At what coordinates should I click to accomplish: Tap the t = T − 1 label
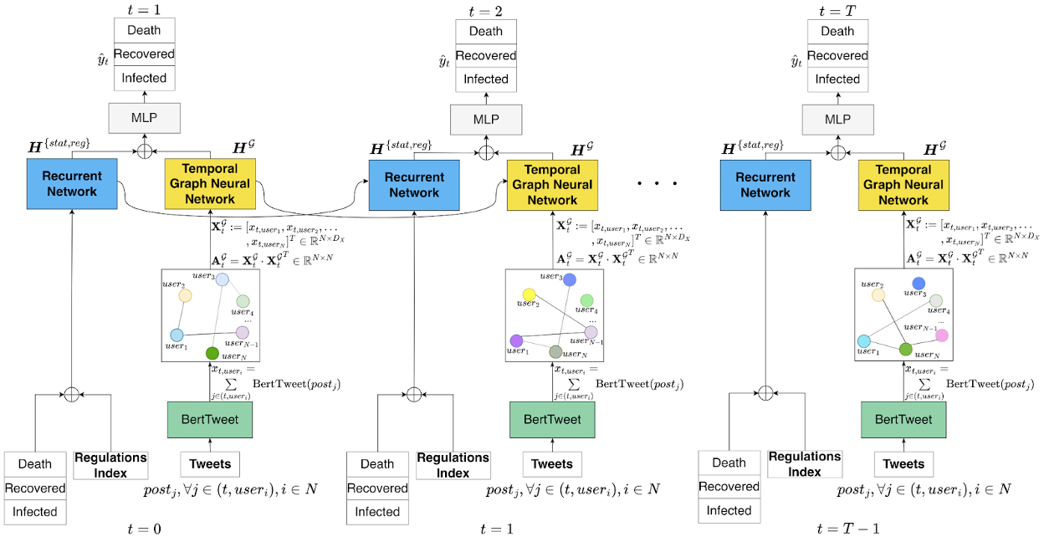[x=847, y=529]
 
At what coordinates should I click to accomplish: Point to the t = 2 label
[x=485, y=9]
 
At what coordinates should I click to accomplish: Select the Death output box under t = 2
[x=486, y=32]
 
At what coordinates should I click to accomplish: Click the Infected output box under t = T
[x=837, y=79]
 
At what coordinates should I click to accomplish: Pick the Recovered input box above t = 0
[x=35, y=488]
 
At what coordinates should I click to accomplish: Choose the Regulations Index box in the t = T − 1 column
[x=805, y=464]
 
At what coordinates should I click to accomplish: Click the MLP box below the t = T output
[x=837, y=120]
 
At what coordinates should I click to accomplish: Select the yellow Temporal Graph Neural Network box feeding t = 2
[x=551, y=185]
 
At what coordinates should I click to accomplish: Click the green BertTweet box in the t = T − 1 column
[x=903, y=420]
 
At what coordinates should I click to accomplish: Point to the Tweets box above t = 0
[x=209, y=464]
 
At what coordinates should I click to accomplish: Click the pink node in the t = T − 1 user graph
[x=941, y=335]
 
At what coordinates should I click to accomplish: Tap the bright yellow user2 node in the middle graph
[x=529, y=294]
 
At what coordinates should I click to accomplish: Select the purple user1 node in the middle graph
[x=516, y=340]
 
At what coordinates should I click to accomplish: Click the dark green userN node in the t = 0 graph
[x=212, y=353]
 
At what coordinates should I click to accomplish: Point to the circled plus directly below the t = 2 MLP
[x=485, y=153]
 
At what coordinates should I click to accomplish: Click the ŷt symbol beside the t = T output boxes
[x=796, y=60]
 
